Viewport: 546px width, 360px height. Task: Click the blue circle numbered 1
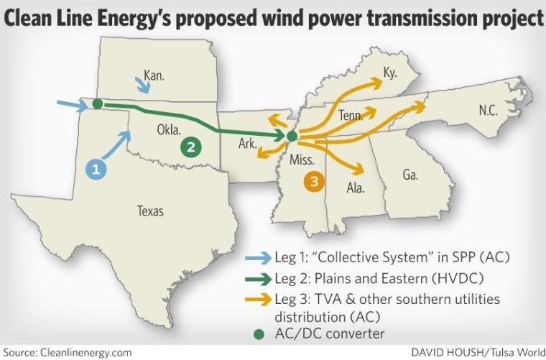tap(96, 169)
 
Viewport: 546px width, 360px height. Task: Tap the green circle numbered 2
tap(190, 147)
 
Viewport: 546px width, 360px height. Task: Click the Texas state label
tap(150, 211)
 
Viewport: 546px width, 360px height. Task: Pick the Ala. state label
tap(356, 189)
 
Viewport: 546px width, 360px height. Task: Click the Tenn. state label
tap(351, 115)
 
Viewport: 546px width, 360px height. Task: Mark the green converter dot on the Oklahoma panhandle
tap(97, 104)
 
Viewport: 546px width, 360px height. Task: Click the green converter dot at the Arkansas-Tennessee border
tap(291, 136)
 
